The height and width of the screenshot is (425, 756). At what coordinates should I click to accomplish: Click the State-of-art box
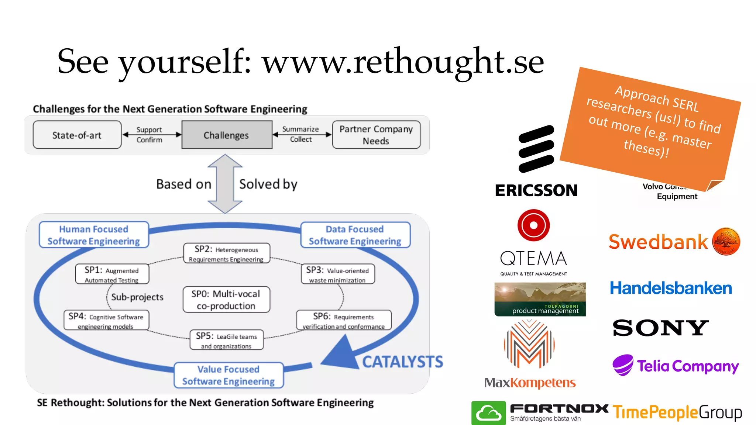pos(77,135)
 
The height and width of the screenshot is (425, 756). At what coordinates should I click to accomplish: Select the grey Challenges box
pos(227,135)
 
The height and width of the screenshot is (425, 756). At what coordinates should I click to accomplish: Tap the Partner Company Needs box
pos(376,135)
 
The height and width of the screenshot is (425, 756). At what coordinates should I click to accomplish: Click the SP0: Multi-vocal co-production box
pos(226,300)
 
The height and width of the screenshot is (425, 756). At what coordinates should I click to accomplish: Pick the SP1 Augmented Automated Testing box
pos(112,274)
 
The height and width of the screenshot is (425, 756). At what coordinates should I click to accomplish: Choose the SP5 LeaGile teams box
pos(227,340)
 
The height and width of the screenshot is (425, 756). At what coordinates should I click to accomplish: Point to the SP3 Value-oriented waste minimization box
pos(338,274)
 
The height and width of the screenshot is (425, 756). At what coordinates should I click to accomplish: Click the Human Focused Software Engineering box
pos(94,235)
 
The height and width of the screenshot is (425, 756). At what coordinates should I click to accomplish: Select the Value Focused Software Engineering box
pos(228,375)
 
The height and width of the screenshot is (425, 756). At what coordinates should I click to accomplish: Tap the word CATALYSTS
pos(402,362)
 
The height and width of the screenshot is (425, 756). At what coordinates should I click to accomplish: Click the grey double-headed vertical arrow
pos(225,184)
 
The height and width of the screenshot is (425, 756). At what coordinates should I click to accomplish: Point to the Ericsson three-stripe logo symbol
pos(536,149)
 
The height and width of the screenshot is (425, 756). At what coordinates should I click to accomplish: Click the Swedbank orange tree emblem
pos(726,241)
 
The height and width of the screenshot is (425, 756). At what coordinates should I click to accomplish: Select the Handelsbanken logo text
pos(671,288)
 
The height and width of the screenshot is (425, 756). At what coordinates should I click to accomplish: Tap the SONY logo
pos(661,328)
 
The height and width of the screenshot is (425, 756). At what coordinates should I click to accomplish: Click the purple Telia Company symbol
pos(623,365)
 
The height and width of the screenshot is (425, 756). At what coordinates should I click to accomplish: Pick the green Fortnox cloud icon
pos(488,413)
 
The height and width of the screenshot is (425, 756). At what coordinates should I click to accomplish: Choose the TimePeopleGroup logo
pos(677,412)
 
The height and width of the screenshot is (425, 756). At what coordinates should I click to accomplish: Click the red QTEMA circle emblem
pos(533,225)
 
